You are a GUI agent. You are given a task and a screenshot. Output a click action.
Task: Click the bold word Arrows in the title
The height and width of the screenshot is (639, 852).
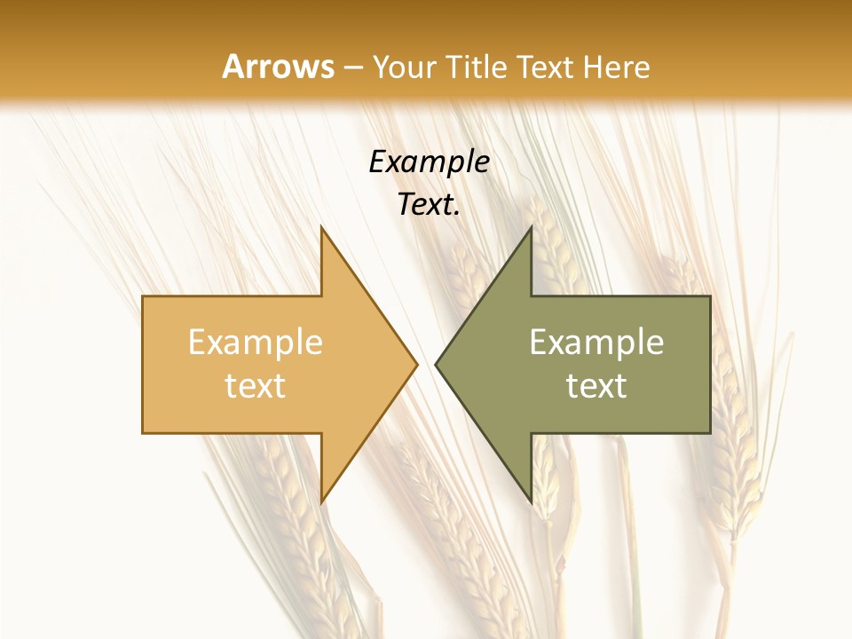pyautogui.click(x=278, y=67)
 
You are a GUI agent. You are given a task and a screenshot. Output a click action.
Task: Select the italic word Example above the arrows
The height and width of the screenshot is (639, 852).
pyautogui.click(x=429, y=162)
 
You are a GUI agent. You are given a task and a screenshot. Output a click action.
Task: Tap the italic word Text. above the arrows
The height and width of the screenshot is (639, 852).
pyautogui.click(x=429, y=205)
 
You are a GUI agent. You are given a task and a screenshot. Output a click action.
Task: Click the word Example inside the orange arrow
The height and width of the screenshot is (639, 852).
pyautogui.click(x=256, y=343)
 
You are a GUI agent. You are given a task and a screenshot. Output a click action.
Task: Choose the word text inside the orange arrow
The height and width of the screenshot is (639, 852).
pyautogui.click(x=256, y=386)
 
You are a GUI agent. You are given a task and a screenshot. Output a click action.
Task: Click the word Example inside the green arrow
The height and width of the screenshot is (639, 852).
pyautogui.click(x=596, y=343)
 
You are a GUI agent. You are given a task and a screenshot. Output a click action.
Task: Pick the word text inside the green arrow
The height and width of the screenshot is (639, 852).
pyautogui.click(x=596, y=386)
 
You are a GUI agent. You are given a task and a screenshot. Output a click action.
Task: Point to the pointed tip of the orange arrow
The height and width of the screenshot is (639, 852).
pyautogui.click(x=417, y=364)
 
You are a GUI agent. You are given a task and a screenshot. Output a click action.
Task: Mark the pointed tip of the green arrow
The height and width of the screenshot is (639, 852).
pyautogui.click(x=436, y=364)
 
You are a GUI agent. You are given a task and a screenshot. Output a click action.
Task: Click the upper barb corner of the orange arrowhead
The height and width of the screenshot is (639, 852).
pyautogui.click(x=321, y=226)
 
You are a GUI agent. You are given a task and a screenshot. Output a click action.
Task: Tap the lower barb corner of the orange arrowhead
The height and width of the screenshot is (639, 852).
pyautogui.click(x=321, y=502)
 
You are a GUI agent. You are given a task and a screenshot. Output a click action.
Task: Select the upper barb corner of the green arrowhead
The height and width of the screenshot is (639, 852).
pyautogui.click(x=531, y=226)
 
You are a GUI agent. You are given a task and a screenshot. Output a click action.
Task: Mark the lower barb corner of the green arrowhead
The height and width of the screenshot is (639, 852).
pyautogui.click(x=531, y=502)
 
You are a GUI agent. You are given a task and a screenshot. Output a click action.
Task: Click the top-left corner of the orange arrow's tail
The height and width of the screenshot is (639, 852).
pyautogui.click(x=143, y=296)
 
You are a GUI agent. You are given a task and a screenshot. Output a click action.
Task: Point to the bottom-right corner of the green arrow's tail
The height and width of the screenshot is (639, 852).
pyautogui.click(x=710, y=433)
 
